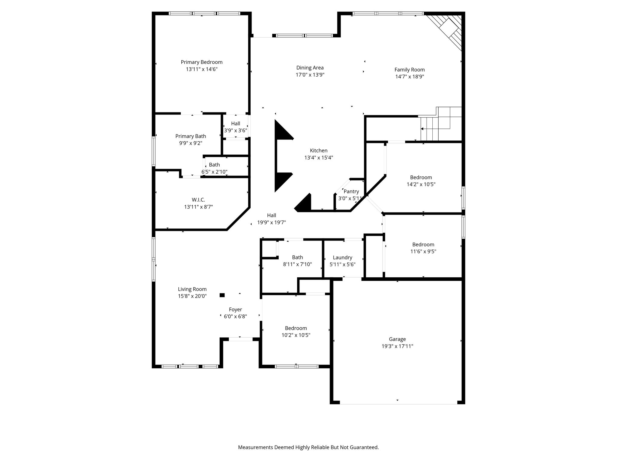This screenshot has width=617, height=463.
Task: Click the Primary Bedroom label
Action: coord(202,62)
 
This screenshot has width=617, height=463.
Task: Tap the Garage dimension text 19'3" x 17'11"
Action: coord(397,346)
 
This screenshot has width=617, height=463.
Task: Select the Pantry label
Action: coord(351,191)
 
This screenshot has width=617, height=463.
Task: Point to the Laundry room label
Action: coord(343,258)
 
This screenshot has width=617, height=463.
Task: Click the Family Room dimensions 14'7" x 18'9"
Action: coord(410,77)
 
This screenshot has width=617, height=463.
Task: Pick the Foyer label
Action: coord(235,310)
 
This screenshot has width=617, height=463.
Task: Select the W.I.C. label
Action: coord(198,200)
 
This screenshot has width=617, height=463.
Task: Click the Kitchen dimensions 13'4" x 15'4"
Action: coord(319,158)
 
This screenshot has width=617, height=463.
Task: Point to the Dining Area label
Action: coord(310,68)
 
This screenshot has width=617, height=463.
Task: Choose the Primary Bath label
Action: coord(191,136)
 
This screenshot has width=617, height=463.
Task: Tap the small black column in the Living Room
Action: coord(222,295)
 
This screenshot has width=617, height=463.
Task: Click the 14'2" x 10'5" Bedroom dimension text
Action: coord(421,184)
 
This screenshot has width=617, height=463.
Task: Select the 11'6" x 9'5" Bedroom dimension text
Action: coord(423,251)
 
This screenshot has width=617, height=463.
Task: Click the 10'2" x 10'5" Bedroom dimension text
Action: coord(296,335)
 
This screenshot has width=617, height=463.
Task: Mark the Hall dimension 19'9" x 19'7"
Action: coord(271,223)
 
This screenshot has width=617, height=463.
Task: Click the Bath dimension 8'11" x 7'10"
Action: coord(297,264)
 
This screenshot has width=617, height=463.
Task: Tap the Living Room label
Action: coord(192,289)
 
